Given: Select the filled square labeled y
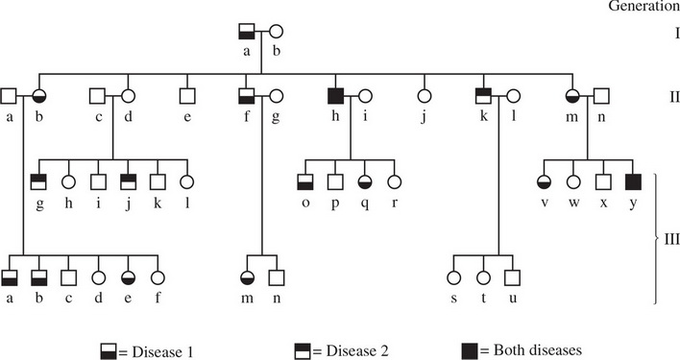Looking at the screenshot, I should (632, 180).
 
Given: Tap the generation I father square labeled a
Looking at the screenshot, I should (247, 32).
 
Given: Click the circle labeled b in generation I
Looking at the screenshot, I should (276, 32).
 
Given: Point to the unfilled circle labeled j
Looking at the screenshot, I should (422, 95).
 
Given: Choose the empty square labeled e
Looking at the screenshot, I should (187, 95).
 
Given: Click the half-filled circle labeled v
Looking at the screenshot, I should (544, 180).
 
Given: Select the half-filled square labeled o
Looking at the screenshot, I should (305, 180).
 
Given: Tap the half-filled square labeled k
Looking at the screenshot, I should (484, 95).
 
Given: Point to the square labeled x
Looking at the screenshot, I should (602, 180).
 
